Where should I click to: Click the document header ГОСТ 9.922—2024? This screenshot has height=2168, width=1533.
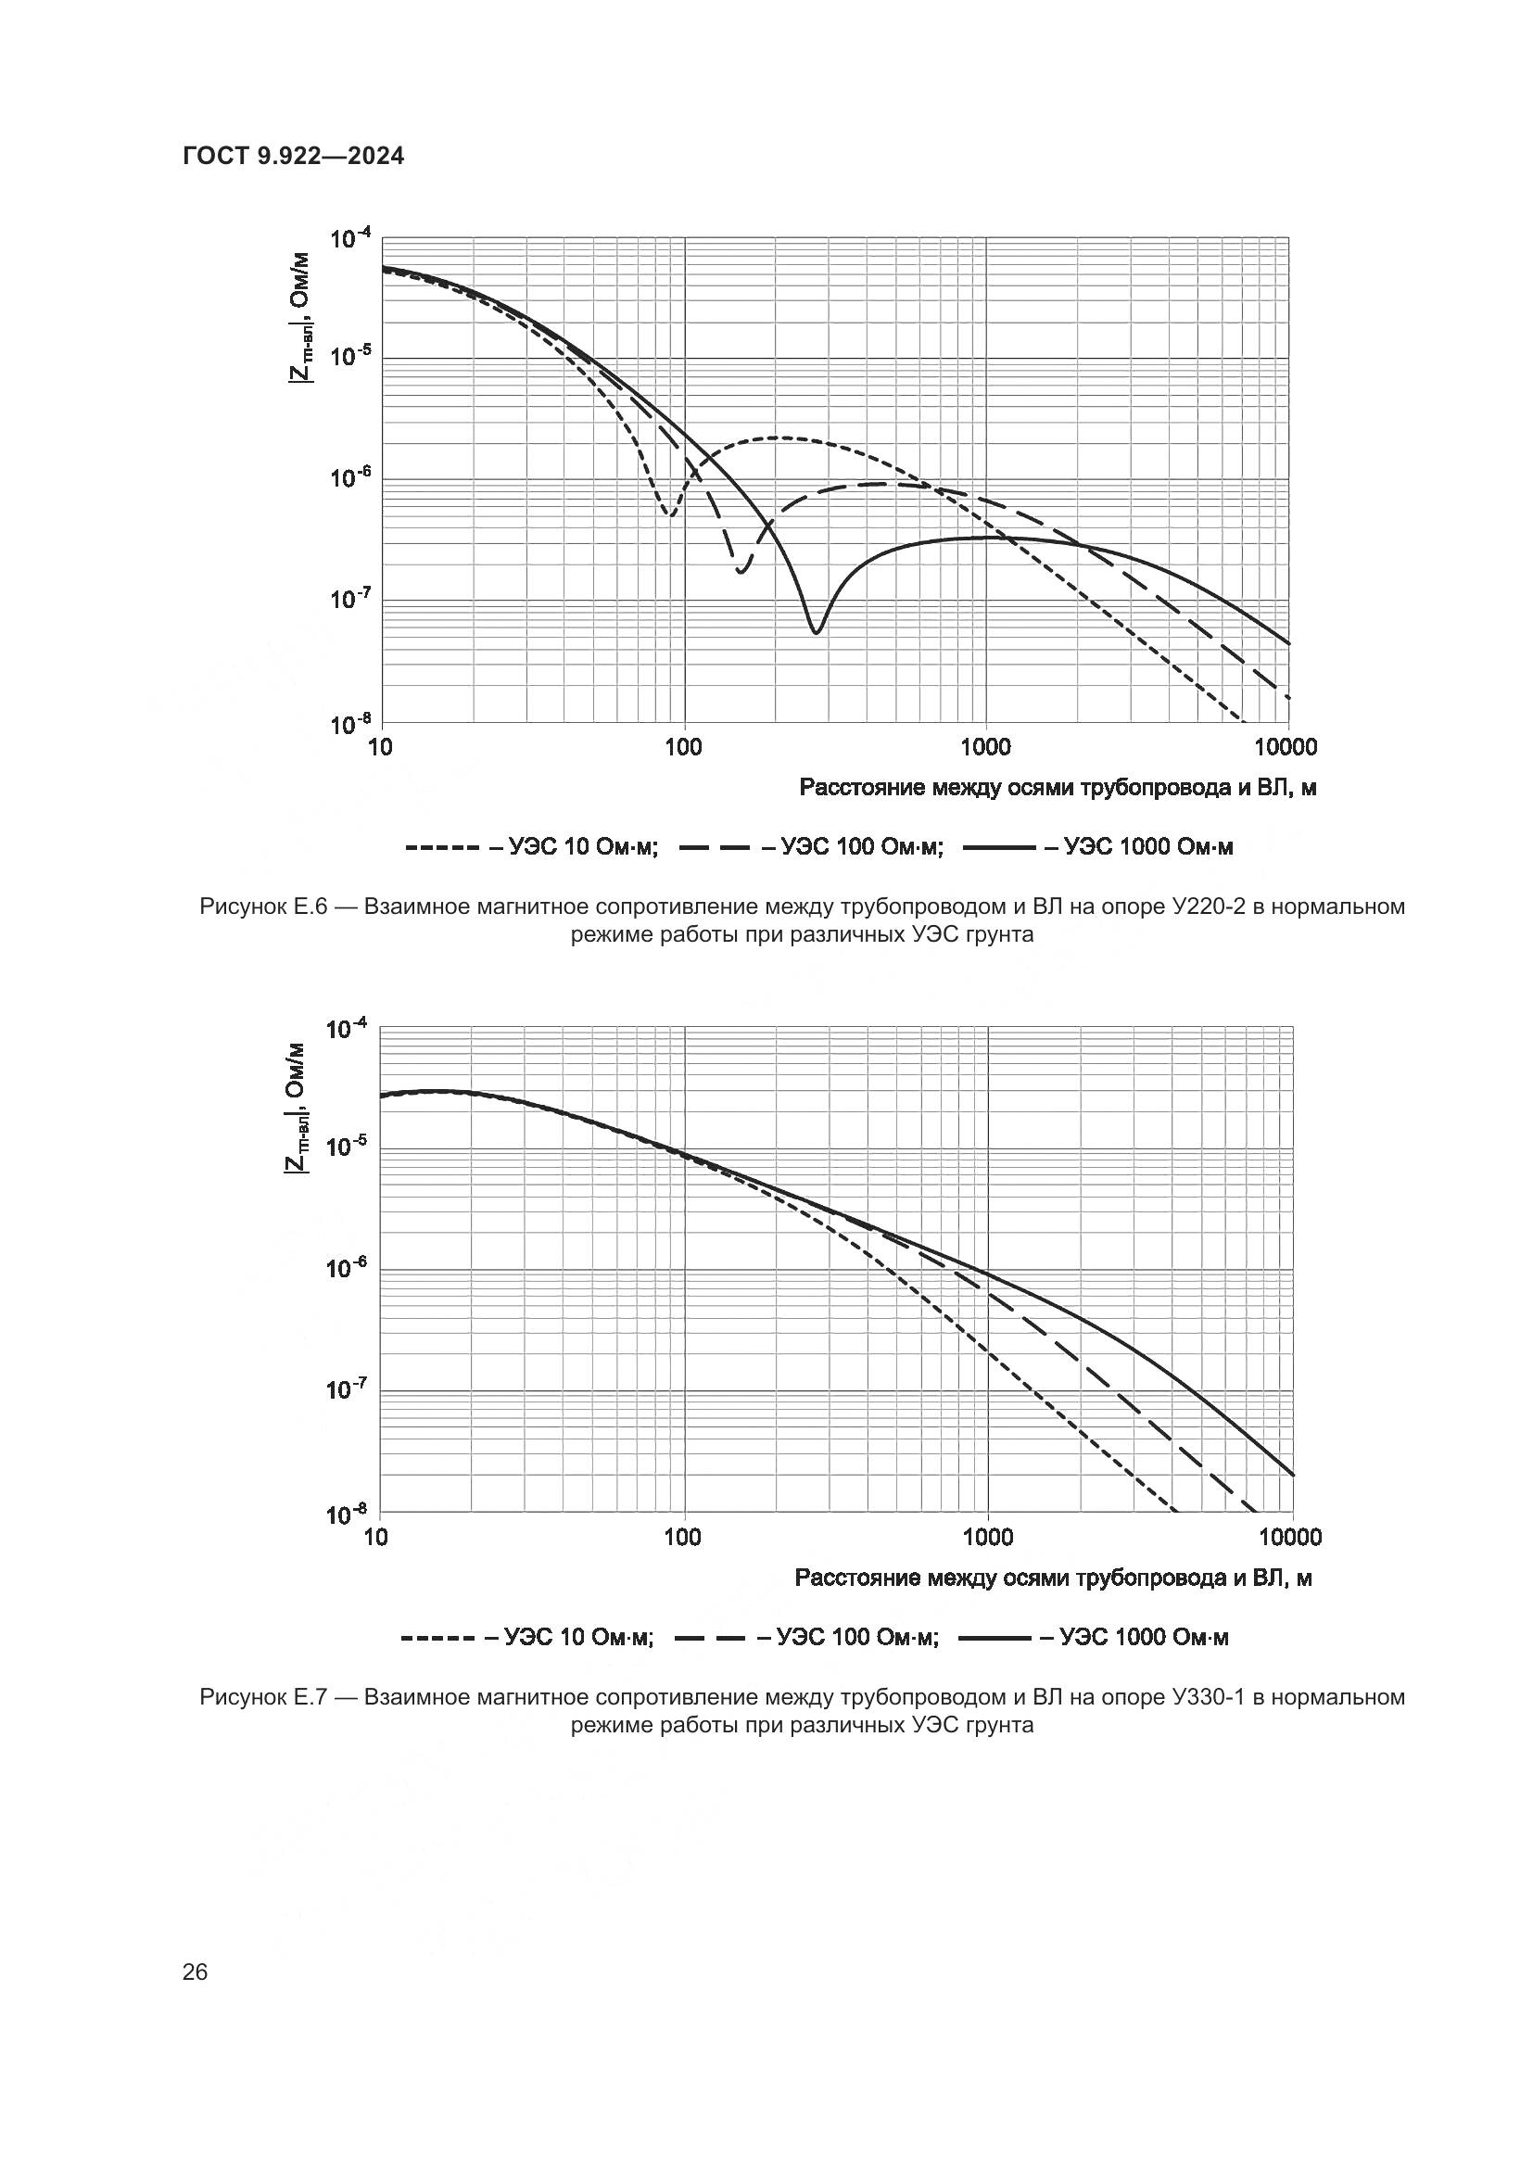pos(293,156)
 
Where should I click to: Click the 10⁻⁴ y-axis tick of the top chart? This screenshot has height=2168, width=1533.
pos(350,239)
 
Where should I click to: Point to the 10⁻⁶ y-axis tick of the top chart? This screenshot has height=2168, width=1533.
pos(350,478)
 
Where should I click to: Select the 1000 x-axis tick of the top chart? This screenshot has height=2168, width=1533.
pos(985,748)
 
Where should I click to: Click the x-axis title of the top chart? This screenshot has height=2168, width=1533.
pos(1058,788)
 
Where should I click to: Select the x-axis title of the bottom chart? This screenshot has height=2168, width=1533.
pos(1054,1578)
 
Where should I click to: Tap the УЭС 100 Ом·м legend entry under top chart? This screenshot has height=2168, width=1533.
pos(811,847)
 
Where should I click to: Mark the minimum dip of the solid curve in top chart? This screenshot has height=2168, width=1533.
pos(817,632)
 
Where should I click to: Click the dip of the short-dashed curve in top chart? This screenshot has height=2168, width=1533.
pos(669,515)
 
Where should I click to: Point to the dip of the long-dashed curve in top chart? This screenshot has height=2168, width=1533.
pos(741,571)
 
